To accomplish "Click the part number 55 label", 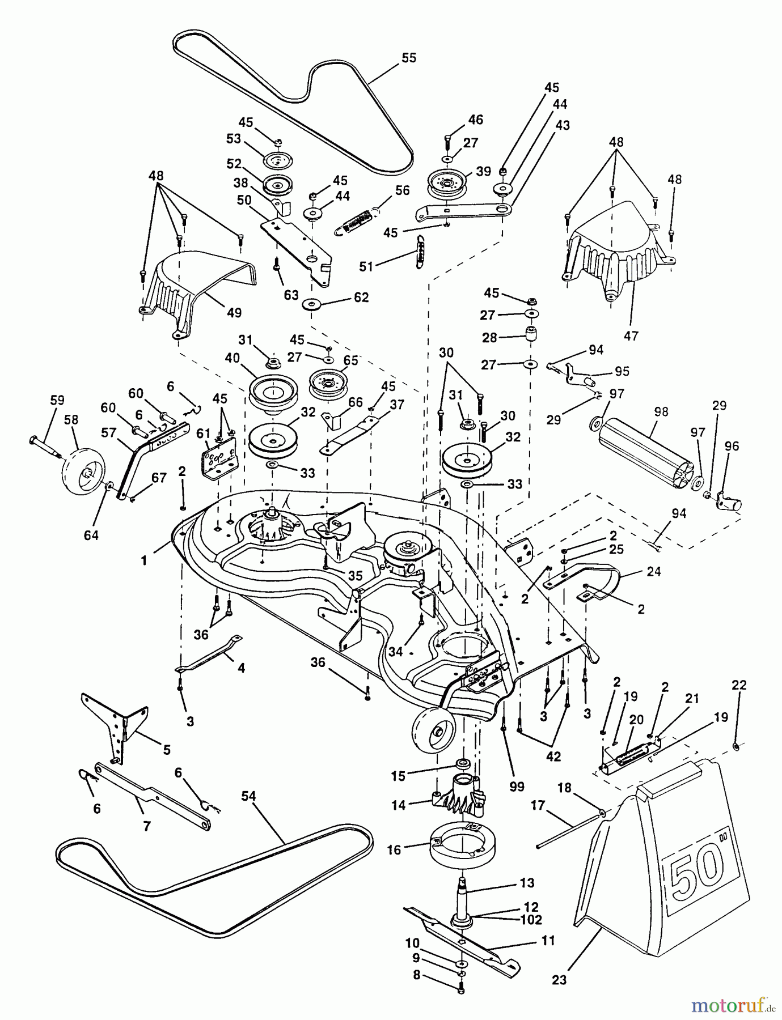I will (x=408, y=58).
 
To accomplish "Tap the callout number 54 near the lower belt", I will (x=248, y=797).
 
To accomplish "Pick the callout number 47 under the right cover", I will (x=631, y=336).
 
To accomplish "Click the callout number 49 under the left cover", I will (x=234, y=312).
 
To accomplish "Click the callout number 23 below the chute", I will (x=559, y=980).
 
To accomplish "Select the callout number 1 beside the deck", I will (x=144, y=560).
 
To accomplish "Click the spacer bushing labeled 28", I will (x=531, y=334).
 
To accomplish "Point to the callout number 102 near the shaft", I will (x=531, y=920).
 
